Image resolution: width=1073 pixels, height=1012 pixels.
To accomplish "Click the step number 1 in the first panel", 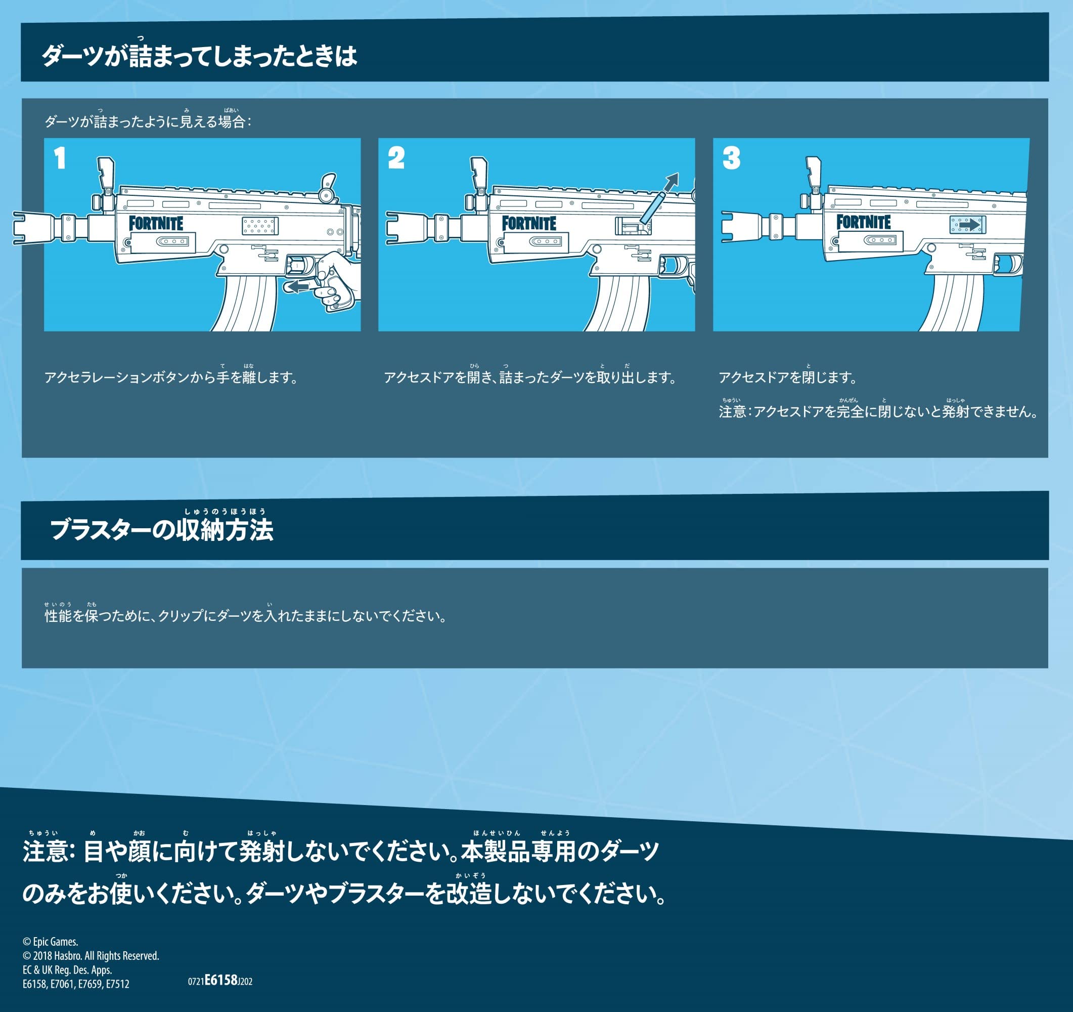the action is click(59, 158).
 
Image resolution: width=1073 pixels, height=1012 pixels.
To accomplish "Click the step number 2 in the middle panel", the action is click(396, 158).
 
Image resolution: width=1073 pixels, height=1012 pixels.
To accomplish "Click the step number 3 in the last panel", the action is click(731, 158).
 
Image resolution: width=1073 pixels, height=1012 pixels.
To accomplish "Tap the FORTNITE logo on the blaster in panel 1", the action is click(156, 224).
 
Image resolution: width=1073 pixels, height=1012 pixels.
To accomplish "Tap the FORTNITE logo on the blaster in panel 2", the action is click(529, 224).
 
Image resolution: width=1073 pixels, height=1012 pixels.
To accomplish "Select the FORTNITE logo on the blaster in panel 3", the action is click(864, 222).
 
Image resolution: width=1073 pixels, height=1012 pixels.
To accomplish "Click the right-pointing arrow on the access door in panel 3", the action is click(968, 225).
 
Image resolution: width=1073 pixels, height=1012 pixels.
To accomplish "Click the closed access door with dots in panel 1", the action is click(260, 226).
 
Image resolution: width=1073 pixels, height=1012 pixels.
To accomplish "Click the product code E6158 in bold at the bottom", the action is click(221, 980).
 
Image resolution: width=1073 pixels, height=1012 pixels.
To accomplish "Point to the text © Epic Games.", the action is click(50, 942).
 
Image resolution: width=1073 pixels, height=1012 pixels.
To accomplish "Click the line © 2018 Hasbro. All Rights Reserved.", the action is click(91, 956).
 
